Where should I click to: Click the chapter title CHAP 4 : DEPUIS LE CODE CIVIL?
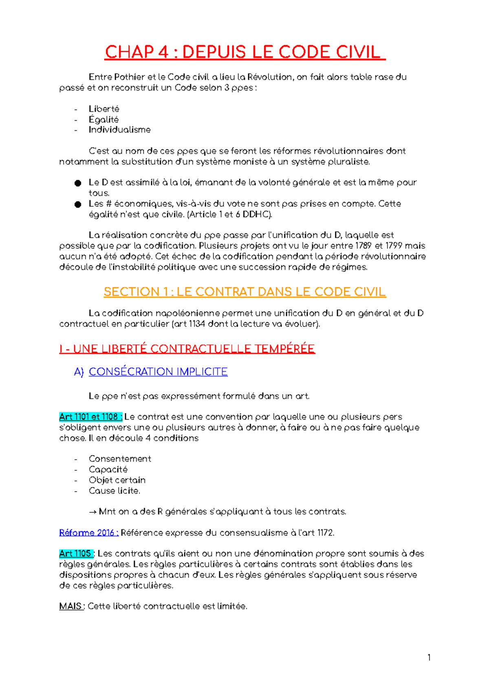pos(244,53)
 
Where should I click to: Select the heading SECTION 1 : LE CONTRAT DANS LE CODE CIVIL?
pos(244,292)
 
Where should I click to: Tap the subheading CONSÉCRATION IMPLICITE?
pos(158,372)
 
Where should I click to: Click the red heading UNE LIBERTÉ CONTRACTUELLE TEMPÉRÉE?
pos(194,349)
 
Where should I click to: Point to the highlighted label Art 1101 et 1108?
pos(90,417)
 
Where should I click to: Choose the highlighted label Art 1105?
pos(76,553)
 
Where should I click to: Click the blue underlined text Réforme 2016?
pos(88,533)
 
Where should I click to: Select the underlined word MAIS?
pos(71,606)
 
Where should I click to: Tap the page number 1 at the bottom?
pos(429,657)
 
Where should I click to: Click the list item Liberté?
pos(104,109)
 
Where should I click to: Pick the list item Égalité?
pos(104,119)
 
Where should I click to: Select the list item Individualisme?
pos(119,130)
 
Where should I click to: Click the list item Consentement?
pos(120,459)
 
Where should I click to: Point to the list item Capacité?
pos(108,469)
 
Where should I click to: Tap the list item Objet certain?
pos(117,480)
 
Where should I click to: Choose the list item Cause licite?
pos(114,491)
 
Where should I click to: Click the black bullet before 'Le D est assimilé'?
pos(78,183)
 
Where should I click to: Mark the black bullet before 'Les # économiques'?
pos(78,204)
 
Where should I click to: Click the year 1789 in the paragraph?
pos(363,246)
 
